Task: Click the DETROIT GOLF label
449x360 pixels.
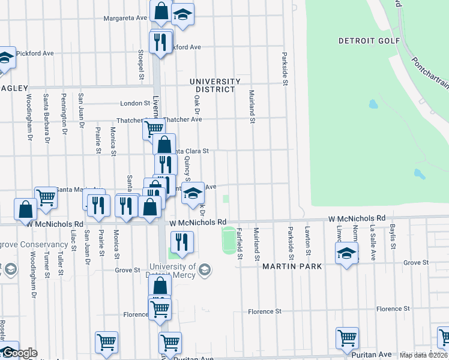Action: tap(360, 41)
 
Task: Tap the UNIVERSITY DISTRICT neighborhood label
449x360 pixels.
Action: tap(215, 85)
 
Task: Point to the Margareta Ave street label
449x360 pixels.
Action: tap(125, 18)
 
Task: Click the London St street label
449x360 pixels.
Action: tap(134, 103)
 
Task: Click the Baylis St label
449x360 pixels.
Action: tap(393, 238)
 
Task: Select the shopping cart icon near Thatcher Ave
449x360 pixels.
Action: tap(154, 127)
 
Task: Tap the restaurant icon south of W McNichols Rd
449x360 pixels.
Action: tap(181, 241)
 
